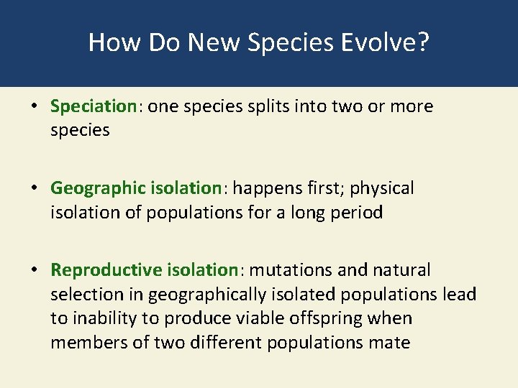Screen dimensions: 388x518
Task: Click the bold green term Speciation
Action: [x=93, y=107]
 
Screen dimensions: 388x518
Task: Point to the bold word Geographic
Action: [x=99, y=188]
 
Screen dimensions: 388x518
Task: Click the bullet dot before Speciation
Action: [x=34, y=107]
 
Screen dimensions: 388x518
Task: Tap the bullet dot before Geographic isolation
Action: [x=34, y=188]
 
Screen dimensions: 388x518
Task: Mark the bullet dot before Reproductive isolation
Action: [x=34, y=270]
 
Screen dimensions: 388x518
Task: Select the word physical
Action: [x=383, y=188]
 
